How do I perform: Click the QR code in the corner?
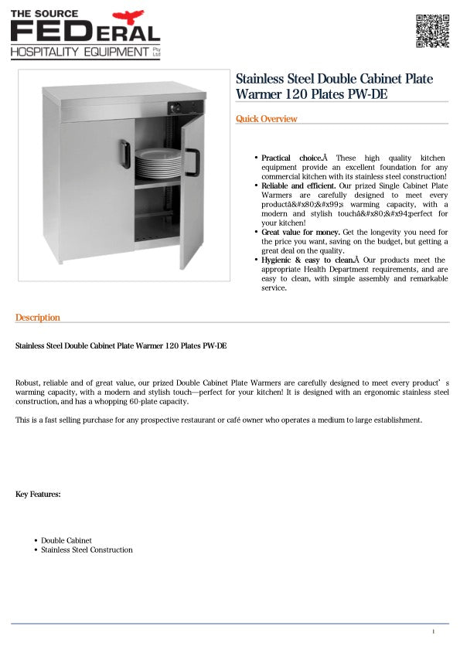click(x=433, y=31)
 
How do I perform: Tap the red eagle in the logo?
click(x=128, y=16)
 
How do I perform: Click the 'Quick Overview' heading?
click(x=266, y=119)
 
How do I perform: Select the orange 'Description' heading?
click(x=37, y=318)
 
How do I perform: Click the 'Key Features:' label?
click(x=38, y=494)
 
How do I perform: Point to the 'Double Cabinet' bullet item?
click(x=66, y=540)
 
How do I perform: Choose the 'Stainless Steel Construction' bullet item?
click(x=87, y=550)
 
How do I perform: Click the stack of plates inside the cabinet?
click(x=158, y=164)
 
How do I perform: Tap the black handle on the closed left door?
click(x=124, y=154)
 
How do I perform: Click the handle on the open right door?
click(x=192, y=162)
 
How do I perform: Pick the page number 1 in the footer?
click(x=434, y=632)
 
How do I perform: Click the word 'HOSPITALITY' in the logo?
click(x=46, y=52)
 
